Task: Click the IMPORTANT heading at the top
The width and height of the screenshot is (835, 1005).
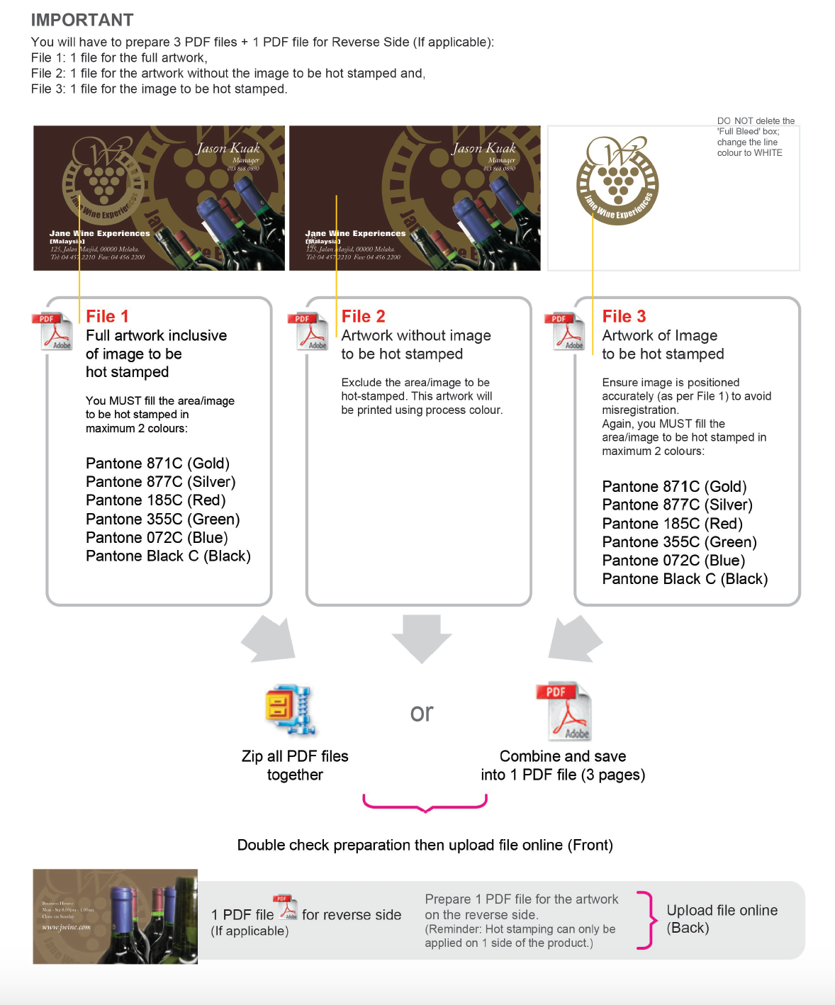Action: coord(82,20)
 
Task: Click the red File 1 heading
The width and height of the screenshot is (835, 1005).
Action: coord(107,316)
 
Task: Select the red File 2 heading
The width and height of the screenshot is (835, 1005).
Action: coord(363,316)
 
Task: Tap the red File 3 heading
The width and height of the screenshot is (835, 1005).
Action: coord(624,316)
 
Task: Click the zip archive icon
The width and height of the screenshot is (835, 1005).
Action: coord(289,711)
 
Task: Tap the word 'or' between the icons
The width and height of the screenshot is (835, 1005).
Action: coord(422,712)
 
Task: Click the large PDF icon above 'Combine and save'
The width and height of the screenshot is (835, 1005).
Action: coord(566,712)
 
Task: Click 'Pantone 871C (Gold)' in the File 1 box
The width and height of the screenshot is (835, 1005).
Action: coord(157,464)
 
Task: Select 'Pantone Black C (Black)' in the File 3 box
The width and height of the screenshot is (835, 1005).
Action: coord(685,579)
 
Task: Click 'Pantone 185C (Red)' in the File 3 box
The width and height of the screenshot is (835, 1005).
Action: coord(672,524)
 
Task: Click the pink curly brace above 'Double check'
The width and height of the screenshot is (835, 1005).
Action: coord(425,803)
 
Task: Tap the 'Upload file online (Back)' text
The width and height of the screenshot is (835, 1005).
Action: coord(722,919)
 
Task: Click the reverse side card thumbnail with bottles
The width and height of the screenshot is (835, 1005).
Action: coord(116,916)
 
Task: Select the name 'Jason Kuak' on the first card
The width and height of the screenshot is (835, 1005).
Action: coord(228,148)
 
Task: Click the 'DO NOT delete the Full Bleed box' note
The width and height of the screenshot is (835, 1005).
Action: coord(755,137)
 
